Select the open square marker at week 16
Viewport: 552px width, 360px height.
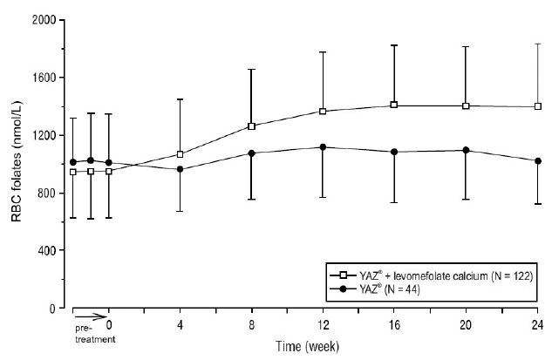point(394,105)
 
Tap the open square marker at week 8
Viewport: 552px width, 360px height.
point(252,126)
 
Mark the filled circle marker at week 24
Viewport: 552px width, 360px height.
point(537,160)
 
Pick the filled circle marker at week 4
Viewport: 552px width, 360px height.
point(181,169)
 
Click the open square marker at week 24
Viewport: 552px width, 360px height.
point(537,106)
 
